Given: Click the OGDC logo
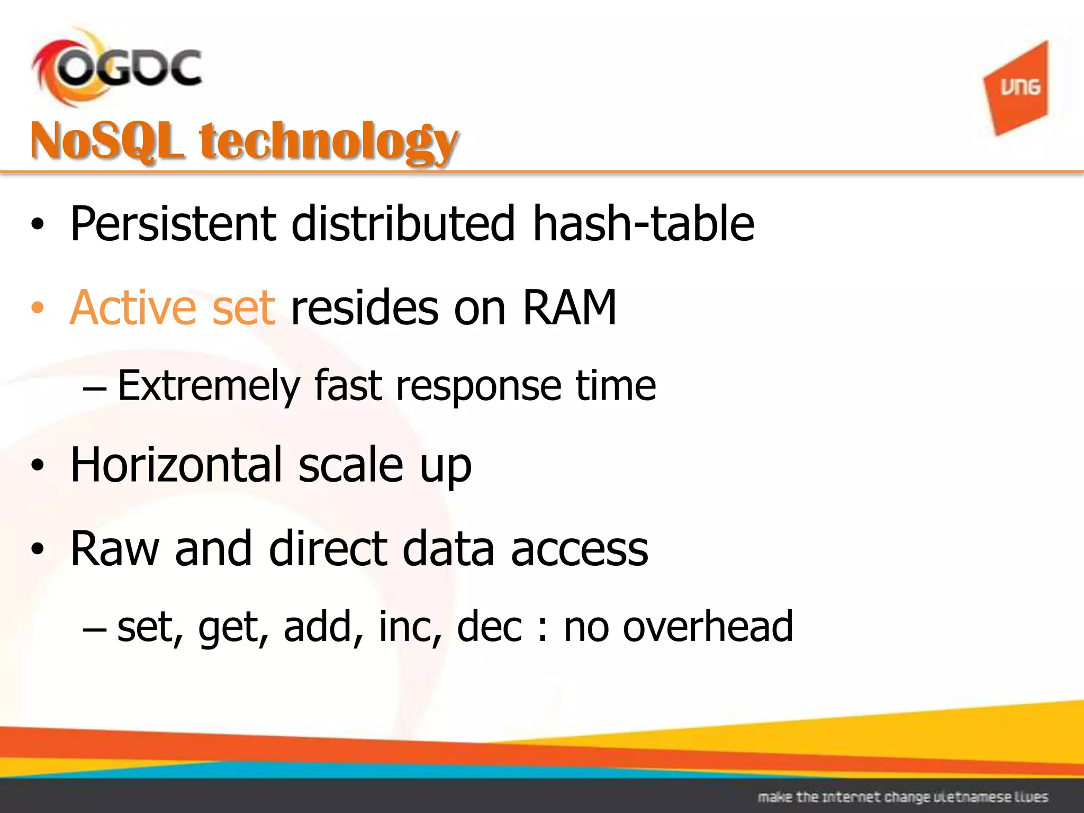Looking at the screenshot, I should (116, 68).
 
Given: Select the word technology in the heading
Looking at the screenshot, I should (328, 142).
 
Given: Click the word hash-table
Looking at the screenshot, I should (643, 224).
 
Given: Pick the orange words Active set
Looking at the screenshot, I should (173, 308).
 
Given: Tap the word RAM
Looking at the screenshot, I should (570, 308).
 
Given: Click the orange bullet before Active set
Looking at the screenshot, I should (37, 309).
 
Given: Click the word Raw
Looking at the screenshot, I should (114, 549).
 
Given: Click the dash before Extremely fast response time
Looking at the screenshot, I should (95, 391).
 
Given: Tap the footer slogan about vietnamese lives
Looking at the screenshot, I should (902, 797).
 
